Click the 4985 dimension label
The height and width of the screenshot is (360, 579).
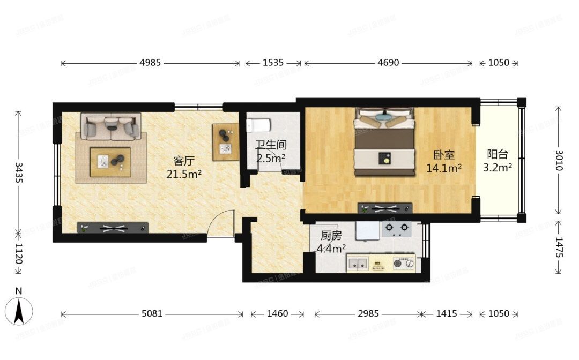click(150, 63)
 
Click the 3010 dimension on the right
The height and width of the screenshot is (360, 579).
click(559, 160)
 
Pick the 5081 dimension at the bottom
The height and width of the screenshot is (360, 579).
click(152, 313)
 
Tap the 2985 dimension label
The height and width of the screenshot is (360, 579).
click(367, 313)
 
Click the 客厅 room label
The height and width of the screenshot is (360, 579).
click(183, 160)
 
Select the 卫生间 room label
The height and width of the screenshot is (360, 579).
click(271, 145)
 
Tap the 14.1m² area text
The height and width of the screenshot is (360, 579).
click(444, 168)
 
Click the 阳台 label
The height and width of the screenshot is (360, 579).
click(497, 154)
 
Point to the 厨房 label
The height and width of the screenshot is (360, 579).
click(331, 236)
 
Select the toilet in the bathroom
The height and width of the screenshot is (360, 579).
click(258, 125)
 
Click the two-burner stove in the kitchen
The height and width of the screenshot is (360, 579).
click(396, 229)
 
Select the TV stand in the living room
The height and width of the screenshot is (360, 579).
click(113, 228)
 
